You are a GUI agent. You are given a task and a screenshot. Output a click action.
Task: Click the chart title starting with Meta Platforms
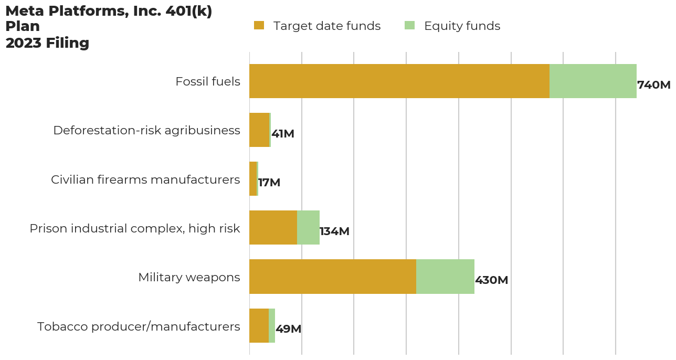pyautogui.click(x=109, y=27)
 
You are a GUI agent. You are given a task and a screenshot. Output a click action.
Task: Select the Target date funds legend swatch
pyautogui.click(x=259, y=26)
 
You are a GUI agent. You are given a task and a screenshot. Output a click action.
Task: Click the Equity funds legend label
pyautogui.click(x=462, y=26)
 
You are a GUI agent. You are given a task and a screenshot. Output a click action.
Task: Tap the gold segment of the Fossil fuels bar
pyautogui.click(x=399, y=81)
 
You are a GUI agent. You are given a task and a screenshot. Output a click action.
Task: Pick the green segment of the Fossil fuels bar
pyautogui.click(x=593, y=81)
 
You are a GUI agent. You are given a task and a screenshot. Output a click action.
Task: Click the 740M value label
pyautogui.click(x=653, y=85)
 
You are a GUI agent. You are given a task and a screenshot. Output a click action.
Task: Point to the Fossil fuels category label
pyautogui.click(x=207, y=82)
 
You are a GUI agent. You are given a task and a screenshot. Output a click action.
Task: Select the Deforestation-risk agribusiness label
pyautogui.click(x=146, y=131)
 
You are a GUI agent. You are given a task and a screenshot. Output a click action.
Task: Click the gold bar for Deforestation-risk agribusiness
pyautogui.click(x=259, y=130)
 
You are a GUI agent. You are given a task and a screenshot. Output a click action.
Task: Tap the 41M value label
pyautogui.click(x=283, y=134)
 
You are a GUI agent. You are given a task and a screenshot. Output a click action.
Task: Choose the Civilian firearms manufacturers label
pyautogui.click(x=145, y=179)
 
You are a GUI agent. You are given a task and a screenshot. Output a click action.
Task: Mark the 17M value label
pyautogui.click(x=269, y=183)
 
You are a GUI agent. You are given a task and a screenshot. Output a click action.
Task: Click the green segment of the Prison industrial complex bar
pyautogui.click(x=308, y=228)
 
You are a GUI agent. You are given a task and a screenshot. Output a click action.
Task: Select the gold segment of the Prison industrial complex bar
pyautogui.click(x=273, y=228)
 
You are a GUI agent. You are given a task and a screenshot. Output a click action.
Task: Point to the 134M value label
pyautogui.click(x=334, y=231)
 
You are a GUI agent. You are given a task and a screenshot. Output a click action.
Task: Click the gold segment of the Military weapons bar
pyautogui.click(x=332, y=277)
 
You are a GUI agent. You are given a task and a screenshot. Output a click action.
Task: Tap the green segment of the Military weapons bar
pyautogui.click(x=445, y=277)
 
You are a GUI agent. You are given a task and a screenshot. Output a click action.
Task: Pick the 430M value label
pyautogui.click(x=491, y=280)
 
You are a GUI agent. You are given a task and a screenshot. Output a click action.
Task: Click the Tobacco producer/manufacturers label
pyautogui.click(x=139, y=326)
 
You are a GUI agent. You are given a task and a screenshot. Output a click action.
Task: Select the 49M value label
pyautogui.click(x=288, y=329)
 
